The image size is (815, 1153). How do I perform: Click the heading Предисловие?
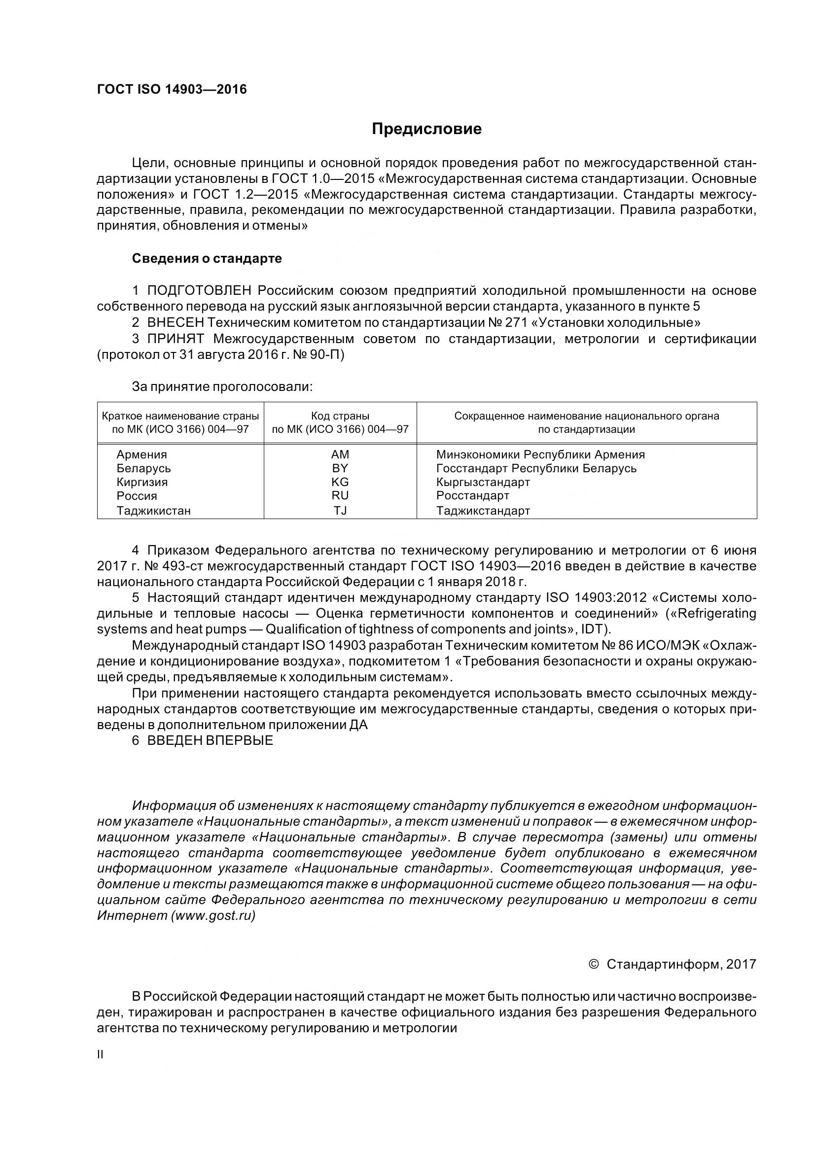click(x=426, y=130)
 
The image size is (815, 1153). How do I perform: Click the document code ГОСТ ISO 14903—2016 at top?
click(x=172, y=90)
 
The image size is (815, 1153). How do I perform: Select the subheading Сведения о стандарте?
click(x=207, y=259)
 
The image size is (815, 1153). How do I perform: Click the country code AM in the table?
click(x=340, y=454)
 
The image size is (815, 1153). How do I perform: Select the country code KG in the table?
click(x=340, y=482)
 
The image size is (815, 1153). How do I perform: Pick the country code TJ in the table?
click(x=340, y=511)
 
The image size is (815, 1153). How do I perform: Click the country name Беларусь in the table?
click(x=143, y=468)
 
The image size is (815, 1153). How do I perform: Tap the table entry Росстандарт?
click(x=472, y=495)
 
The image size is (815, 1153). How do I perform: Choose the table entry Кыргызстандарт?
click(x=483, y=482)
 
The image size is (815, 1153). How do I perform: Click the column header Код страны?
click(x=340, y=416)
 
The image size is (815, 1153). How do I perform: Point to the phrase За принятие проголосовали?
click(x=222, y=386)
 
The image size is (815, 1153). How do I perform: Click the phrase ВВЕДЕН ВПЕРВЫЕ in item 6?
click(x=210, y=741)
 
